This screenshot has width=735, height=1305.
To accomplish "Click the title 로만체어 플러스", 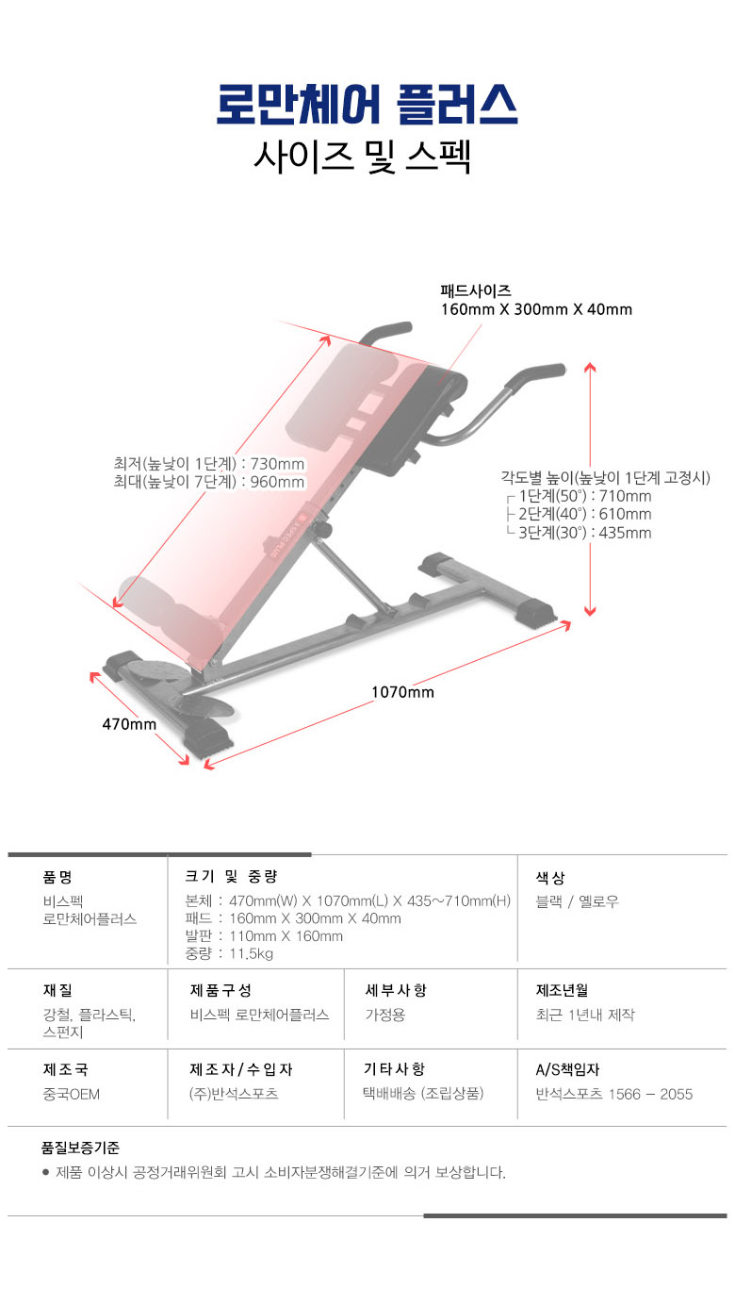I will [367, 106].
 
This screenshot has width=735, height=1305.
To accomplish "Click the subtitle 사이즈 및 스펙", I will [362, 156].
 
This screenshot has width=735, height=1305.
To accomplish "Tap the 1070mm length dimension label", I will [402, 692].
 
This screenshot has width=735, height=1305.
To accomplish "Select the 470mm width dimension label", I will [129, 724].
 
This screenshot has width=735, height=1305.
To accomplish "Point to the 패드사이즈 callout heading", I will [476, 291].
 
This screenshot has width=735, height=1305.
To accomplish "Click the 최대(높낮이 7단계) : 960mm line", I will [209, 483].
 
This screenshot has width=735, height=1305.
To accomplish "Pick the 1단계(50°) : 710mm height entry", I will [585, 496].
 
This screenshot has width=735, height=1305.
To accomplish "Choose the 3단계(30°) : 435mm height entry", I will [585, 533].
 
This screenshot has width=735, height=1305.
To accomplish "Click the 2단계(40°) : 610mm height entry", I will [585, 514].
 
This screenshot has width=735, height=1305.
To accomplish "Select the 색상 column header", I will [550, 877].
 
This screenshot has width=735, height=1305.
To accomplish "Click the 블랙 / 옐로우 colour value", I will [578, 901].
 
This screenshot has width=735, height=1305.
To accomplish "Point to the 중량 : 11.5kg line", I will [230, 953].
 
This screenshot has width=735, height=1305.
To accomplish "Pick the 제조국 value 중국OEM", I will [72, 1094].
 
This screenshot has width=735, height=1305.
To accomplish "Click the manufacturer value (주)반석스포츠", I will [235, 1094].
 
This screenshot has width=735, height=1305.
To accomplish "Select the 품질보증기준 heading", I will [80, 1148].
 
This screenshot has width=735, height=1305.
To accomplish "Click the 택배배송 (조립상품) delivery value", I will [424, 1094].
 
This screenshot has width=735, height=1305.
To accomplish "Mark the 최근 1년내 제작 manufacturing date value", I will [585, 1015].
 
